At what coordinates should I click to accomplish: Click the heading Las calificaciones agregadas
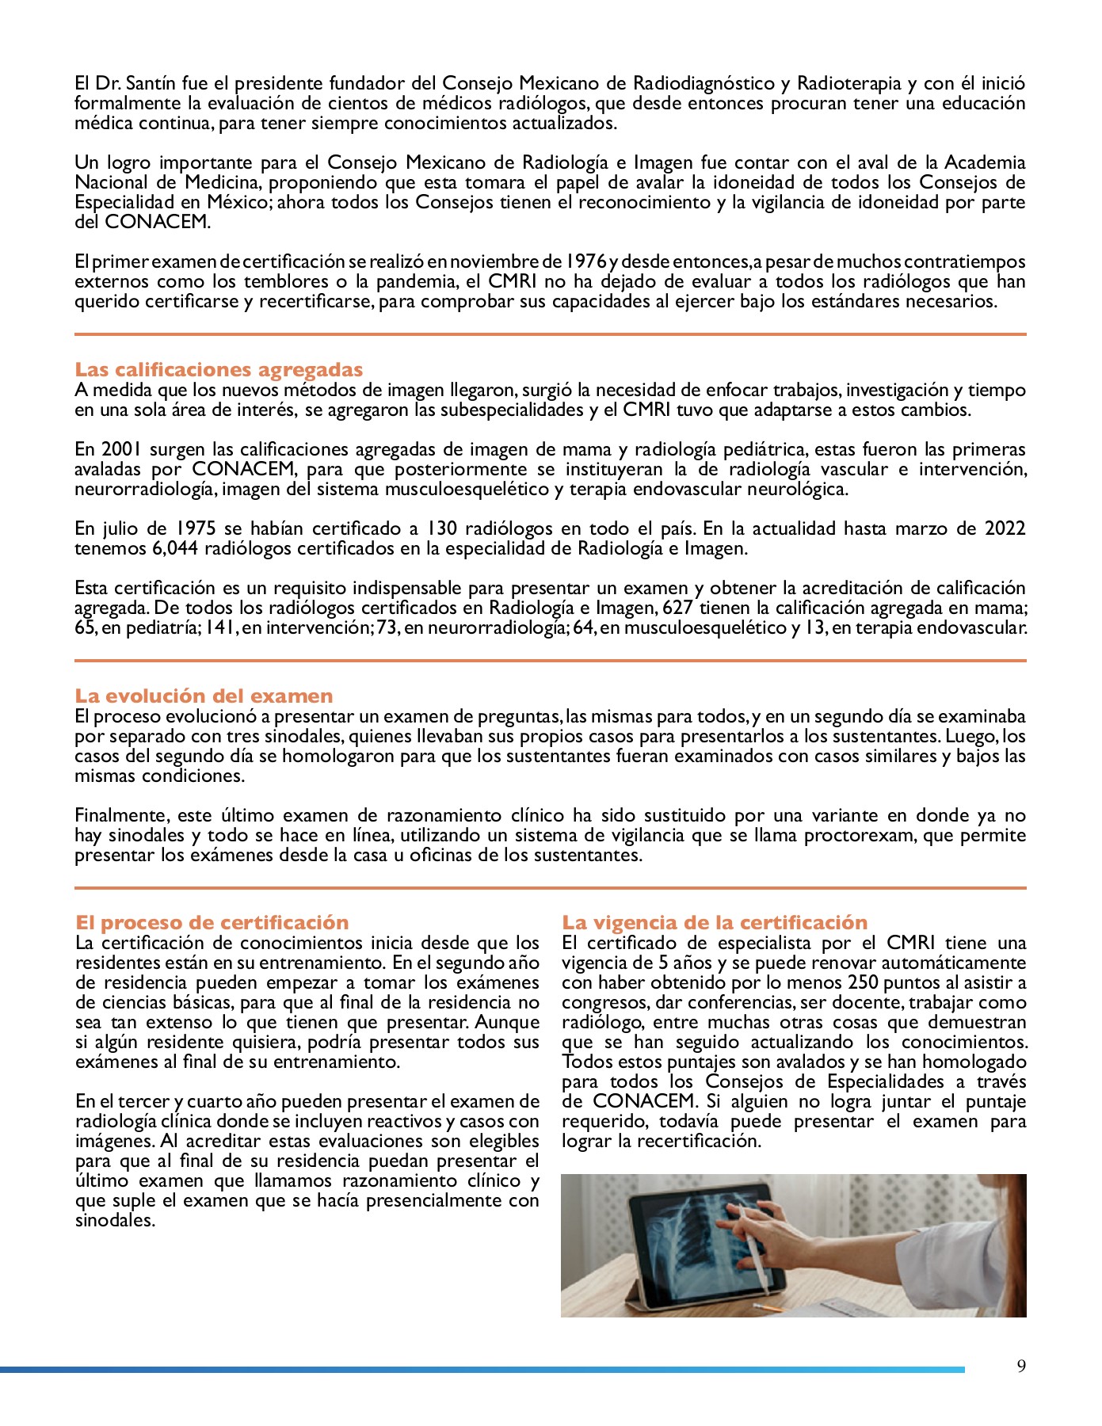tap(219, 370)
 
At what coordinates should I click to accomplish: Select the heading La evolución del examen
tap(204, 696)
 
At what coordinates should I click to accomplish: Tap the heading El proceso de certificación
tap(212, 923)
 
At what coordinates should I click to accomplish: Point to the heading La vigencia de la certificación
tap(715, 923)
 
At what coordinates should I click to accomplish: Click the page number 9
tap(1021, 1366)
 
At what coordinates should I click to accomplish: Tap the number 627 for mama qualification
tap(678, 608)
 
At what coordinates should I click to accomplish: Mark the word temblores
tap(281, 282)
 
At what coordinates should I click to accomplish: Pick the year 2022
tap(1005, 529)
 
